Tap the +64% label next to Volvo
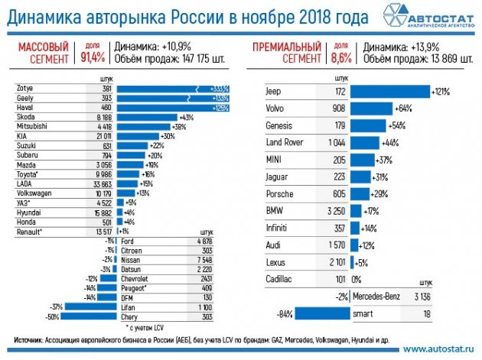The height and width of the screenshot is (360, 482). (x=403, y=108)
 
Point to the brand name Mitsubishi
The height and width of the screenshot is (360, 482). (x=34, y=126)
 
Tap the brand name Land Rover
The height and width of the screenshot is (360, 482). (x=285, y=142)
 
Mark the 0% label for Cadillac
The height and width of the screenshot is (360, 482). (x=355, y=279)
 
